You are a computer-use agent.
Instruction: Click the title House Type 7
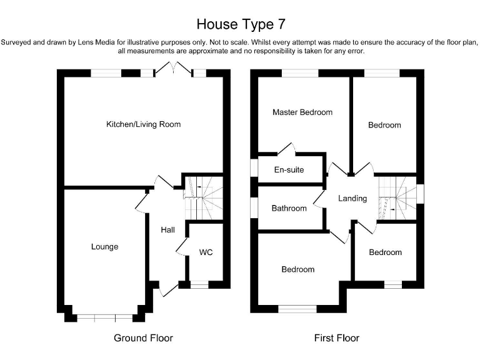click(241, 24)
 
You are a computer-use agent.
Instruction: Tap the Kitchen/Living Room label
click(143, 124)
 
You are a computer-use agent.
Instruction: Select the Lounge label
click(104, 247)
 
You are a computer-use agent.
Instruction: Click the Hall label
click(167, 230)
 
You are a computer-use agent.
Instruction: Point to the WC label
click(206, 253)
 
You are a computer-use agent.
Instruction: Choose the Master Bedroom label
click(302, 112)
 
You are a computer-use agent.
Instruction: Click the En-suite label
click(289, 169)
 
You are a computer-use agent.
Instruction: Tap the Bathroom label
click(289, 208)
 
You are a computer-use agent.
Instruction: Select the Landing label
click(352, 199)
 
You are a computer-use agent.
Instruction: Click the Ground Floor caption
click(143, 338)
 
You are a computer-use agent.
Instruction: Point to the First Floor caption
click(336, 338)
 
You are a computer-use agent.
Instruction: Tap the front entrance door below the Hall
click(167, 289)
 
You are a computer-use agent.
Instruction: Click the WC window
click(199, 285)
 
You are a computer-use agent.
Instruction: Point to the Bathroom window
click(253, 208)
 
